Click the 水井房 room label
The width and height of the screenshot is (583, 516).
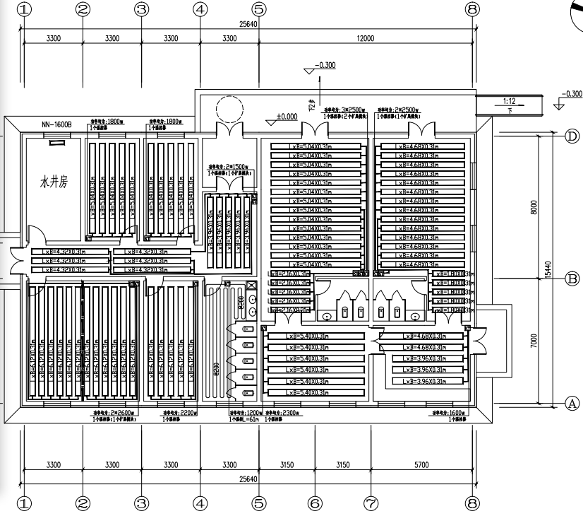pos(53,182)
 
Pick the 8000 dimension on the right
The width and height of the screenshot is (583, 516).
pos(534,207)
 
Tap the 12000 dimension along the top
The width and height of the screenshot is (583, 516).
pos(365,38)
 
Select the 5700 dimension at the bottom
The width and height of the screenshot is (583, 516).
pos(421,464)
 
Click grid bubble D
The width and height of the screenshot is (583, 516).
pos(572,137)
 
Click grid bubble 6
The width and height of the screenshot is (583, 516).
pos(314,503)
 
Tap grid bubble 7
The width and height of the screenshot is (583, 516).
pos(371,503)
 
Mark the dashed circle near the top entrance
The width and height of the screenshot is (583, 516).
pos(229,110)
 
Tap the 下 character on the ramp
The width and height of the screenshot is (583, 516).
pos(510,110)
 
